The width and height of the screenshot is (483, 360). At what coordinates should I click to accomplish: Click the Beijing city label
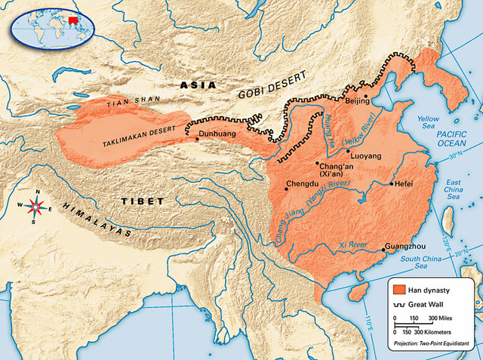tap(358, 100)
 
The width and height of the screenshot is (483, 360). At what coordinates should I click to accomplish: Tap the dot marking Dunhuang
tap(198, 139)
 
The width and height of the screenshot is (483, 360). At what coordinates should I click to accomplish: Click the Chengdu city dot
tap(285, 189)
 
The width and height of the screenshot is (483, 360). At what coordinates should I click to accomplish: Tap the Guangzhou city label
tap(405, 246)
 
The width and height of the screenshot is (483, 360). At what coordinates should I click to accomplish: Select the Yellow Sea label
tap(428, 123)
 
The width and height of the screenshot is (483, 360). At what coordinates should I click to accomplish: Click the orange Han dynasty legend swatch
tap(399, 289)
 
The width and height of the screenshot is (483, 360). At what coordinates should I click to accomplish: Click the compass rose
tap(35, 205)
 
